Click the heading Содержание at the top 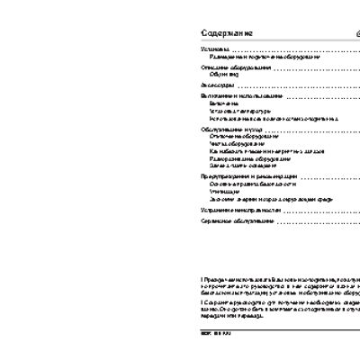(227, 32)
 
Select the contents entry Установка (214, 49)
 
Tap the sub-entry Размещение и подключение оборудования (251, 56)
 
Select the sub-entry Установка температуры (233, 111)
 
